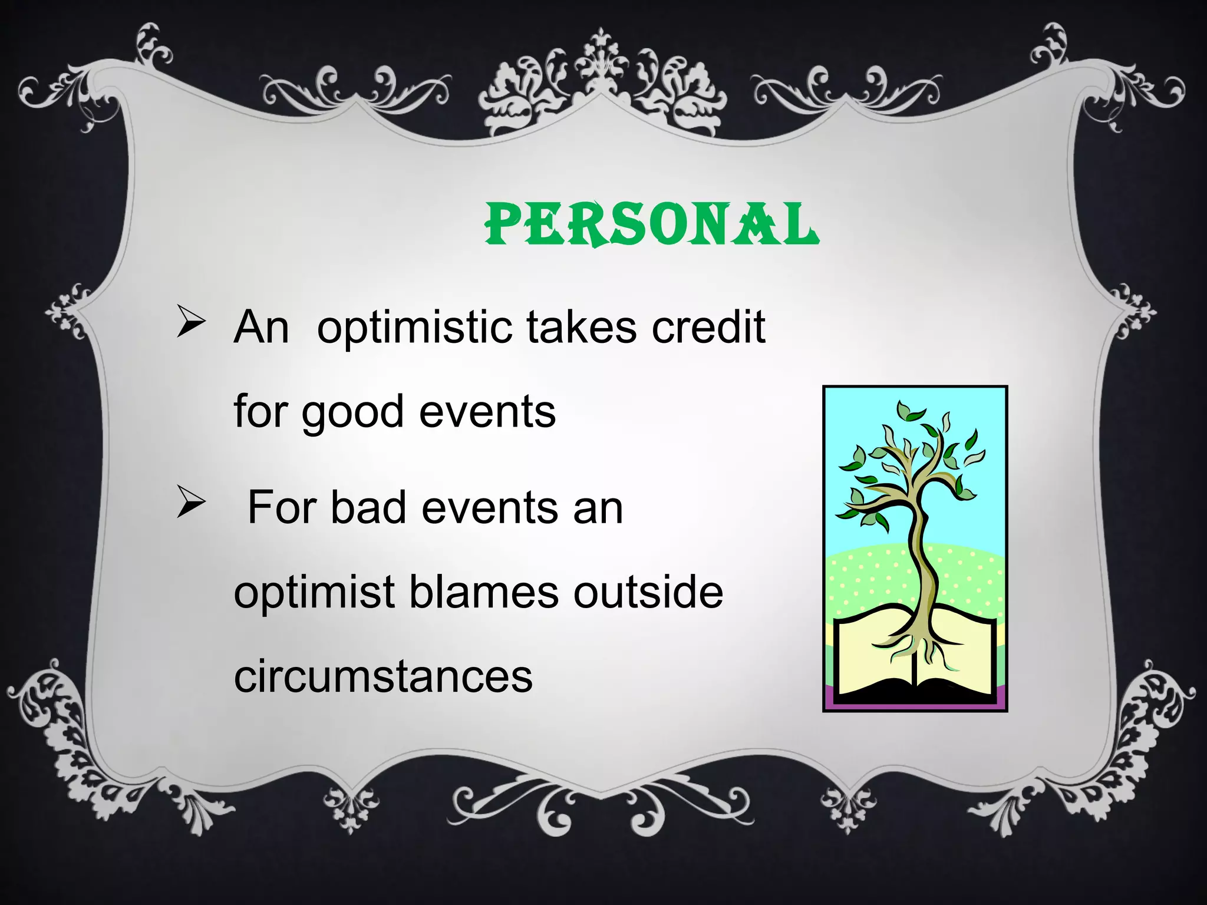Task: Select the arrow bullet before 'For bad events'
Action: tap(190, 504)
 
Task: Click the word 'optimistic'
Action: tap(414, 328)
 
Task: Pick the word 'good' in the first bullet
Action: tap(352, 412)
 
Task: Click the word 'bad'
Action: tap(368, 507)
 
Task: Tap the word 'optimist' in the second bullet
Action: tap(314, 593)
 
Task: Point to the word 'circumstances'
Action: tap(383, 676)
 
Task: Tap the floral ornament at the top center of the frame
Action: tap(601, 82)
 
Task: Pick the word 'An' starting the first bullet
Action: tap(261, 328)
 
